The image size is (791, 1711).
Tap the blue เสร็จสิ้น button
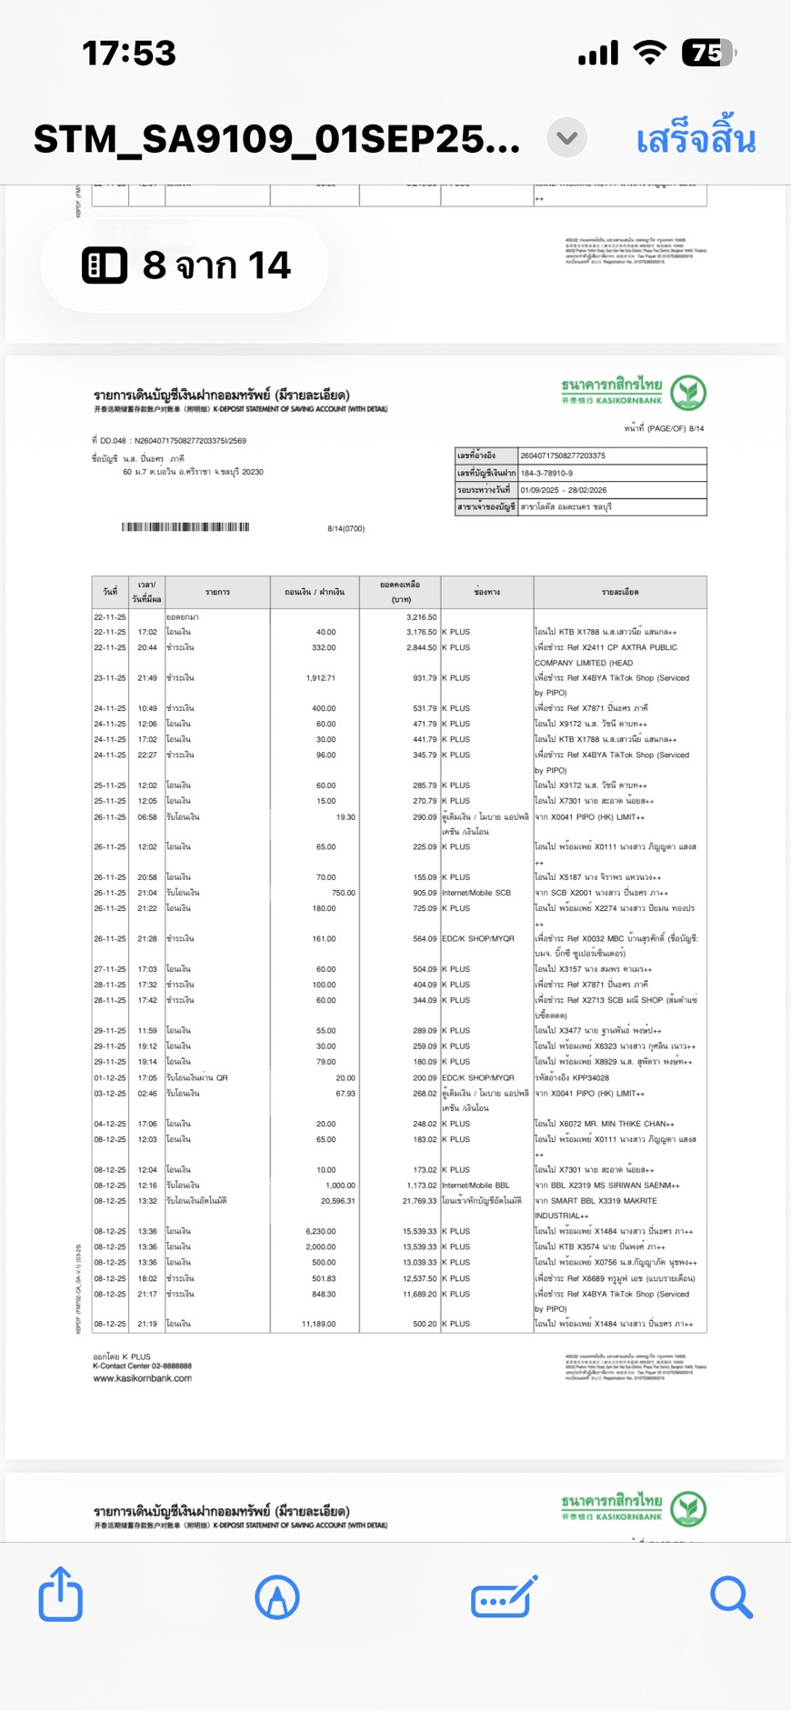click(x=696, y=140)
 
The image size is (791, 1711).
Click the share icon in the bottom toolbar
click(x=61, y=1595)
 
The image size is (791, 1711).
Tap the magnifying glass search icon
click(x=731, y=1596)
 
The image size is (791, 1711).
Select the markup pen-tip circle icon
click(x=277, y=1596)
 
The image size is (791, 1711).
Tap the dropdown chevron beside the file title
click(x=566, y=138)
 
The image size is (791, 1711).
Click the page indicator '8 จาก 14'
click(x=186, y=265)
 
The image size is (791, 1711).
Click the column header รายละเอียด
click(x=619, y=593)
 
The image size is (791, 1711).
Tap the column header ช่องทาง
click(x=486, y=593)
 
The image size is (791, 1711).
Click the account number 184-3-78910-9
click(x=546, y=473)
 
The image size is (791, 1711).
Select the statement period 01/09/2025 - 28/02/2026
click(x=563, y=490)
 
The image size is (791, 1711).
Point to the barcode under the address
click(x=185, y=527)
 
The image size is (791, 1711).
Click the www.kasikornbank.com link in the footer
click(x=142, y=1378)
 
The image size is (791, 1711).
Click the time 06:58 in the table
click(x=147, y=817)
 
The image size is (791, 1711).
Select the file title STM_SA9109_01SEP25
click(x=276, y=140)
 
